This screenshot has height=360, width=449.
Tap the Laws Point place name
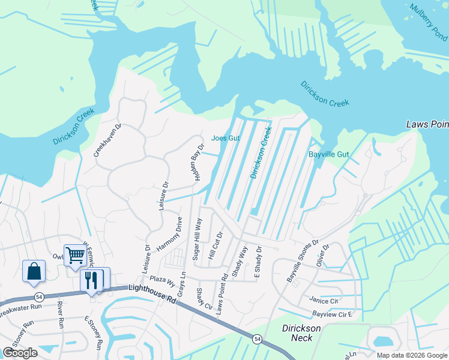[x=427, y=124]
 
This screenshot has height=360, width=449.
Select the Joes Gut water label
[x=226, y=138]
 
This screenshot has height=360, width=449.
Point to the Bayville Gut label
[x=328, y=154]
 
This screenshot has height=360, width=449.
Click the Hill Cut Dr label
[x=215, y=246]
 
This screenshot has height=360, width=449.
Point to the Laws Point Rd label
[x=224, y=294]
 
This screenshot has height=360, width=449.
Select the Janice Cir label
[x=324, y=300]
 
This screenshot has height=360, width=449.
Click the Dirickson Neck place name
[x=301, y=334]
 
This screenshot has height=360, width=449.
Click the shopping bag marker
[x=34, y=271]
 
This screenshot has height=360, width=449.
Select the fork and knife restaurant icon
[x=91, y=280]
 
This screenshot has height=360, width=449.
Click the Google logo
[x=20, y=353]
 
